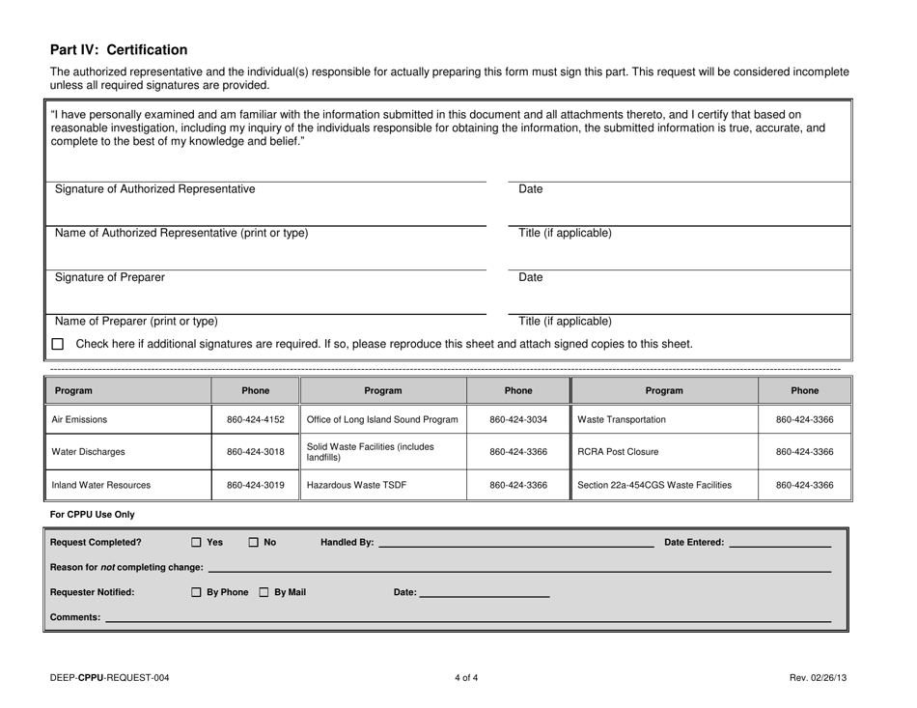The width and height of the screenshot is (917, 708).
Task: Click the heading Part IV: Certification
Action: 119,49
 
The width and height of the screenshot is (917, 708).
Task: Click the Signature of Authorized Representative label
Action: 155,189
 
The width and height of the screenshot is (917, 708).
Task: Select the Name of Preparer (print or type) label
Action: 136,321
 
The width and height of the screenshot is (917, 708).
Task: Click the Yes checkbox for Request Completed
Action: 197,543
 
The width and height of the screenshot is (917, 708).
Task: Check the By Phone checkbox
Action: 197,592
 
